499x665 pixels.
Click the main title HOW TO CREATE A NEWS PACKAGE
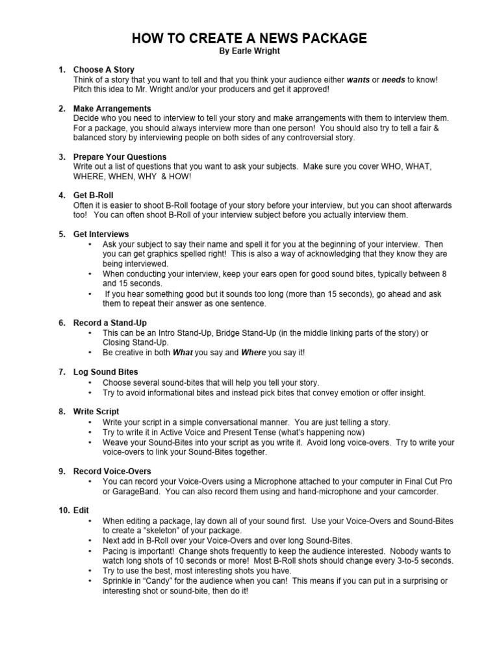[249, 39]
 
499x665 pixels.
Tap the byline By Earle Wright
[249, 51]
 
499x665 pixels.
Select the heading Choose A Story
[104, 69]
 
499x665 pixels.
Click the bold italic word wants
[358, 79]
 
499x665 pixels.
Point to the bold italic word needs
[393, 79]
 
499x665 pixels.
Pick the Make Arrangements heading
[112, 108]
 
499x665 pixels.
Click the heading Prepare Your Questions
[120, 157]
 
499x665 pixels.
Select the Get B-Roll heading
[94, 195]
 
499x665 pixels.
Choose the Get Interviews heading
[101, 234]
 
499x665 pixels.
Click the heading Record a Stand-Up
[110, 323]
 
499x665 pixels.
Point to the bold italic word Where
[253, 352]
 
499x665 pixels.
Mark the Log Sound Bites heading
[106, 372]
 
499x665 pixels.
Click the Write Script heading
[96, 412]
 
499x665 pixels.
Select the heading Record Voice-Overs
[112, 471]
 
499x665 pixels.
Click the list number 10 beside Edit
[64, 510]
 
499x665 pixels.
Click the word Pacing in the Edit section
[116, 550]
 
